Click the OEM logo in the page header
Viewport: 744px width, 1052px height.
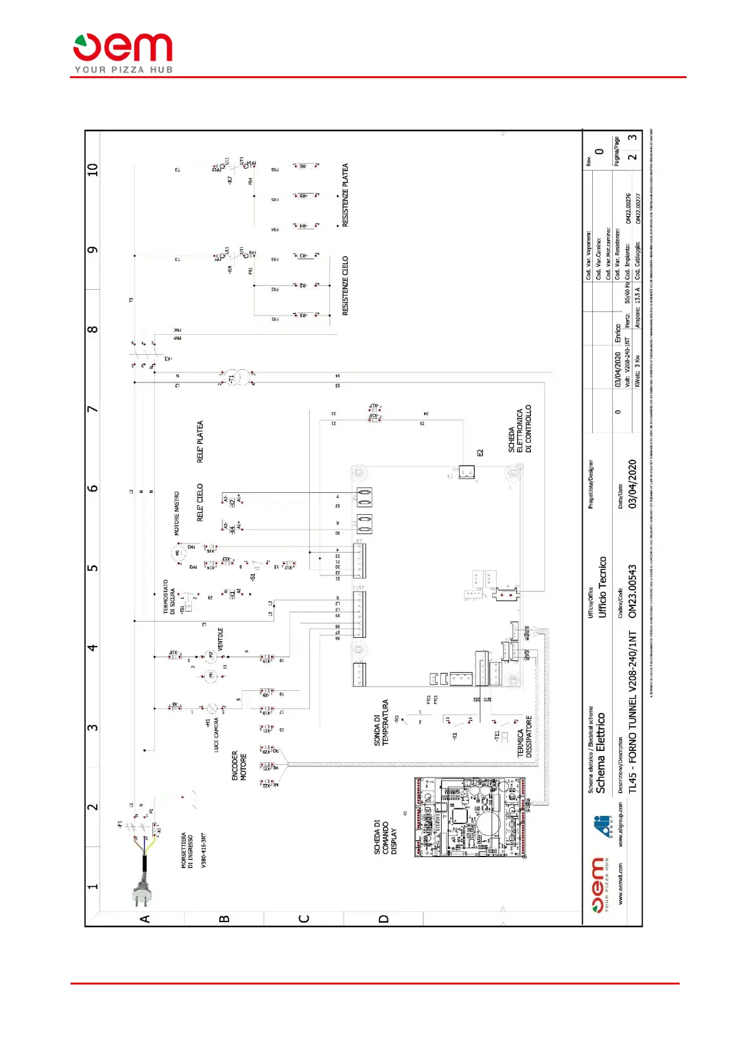pos(123,52)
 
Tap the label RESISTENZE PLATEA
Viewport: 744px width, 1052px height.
pos(345,195)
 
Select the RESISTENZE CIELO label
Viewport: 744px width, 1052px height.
pos(345,285)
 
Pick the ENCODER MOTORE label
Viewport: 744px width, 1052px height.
pos(239,765)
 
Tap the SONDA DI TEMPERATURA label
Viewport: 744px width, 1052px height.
pos(381,722)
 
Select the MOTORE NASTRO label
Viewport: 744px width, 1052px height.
pos(177,514)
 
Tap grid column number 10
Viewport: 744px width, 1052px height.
pos(93,169)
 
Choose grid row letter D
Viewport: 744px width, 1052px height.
pos(384,919)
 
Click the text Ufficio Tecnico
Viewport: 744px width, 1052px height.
pos(603,587)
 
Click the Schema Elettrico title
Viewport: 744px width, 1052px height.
pos(600,753)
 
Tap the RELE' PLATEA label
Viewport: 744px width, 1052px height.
pos(201,442)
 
